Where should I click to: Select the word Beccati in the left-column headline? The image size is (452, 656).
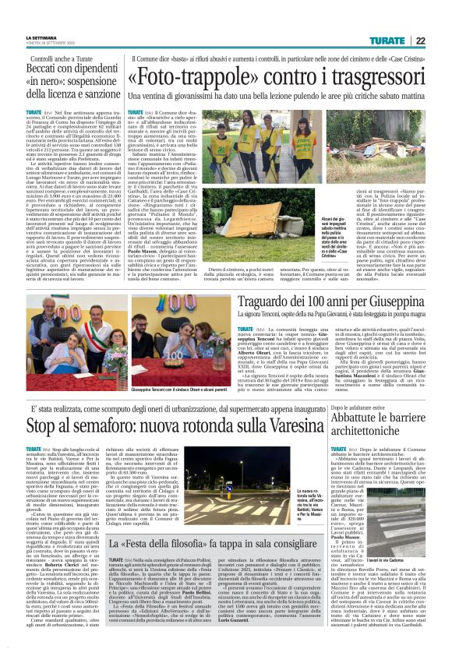tap(48, 69)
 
